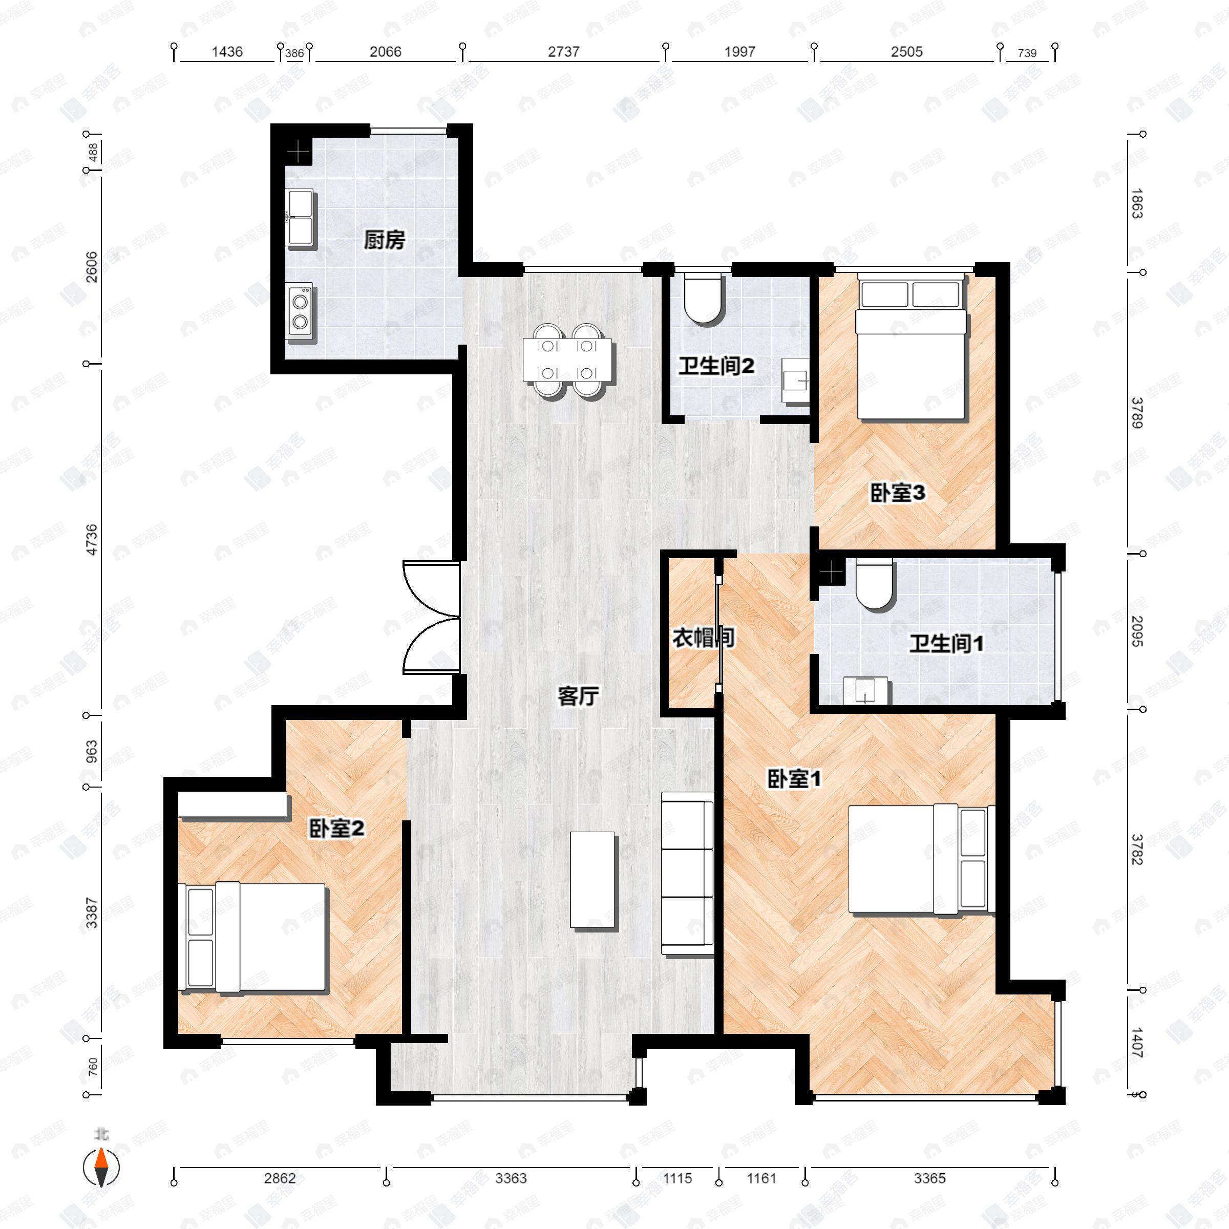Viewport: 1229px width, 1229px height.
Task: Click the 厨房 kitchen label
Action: coord(384,241)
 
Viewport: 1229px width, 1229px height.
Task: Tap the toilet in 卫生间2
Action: coord(703,298)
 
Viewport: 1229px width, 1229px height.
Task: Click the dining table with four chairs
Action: coord(567,360)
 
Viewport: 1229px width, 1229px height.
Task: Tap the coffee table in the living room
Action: coord(594,880)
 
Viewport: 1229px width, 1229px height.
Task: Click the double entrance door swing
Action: coord(431,617)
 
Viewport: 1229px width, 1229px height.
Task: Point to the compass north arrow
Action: coord(101,1168)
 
